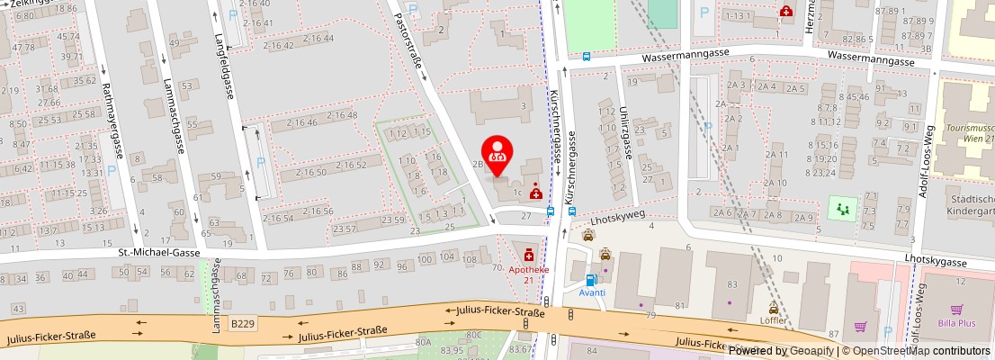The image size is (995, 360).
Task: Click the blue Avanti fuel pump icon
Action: (x=591, y=279)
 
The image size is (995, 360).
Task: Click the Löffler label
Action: (x=774, y=319)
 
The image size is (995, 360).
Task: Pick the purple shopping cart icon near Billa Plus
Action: (x=861, y=327)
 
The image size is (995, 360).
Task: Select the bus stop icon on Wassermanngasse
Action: (x=587, y=55)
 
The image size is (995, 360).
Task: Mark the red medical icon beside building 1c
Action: (x=536, y=191)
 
